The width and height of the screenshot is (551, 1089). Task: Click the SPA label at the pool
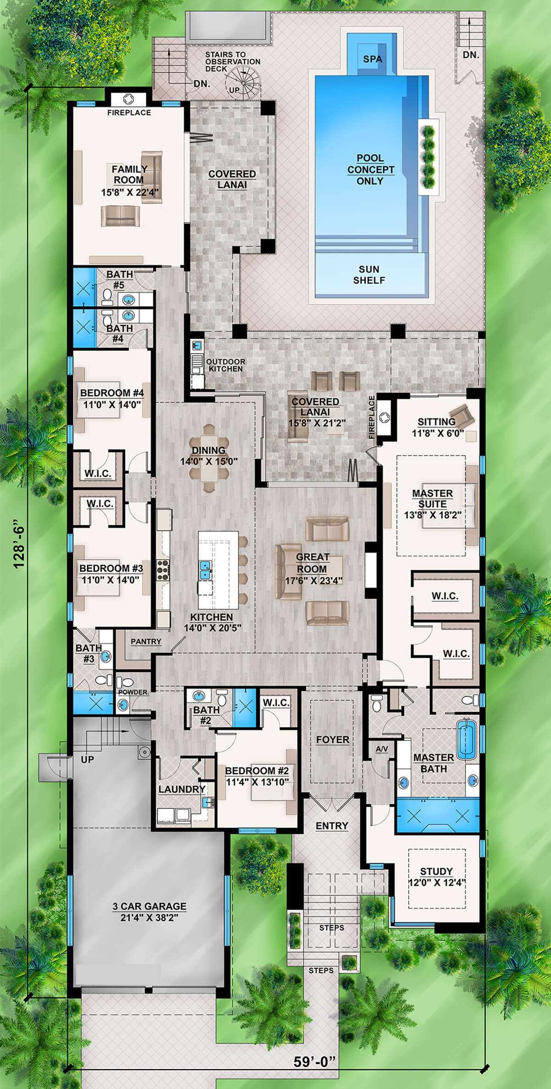click(x=372, y=59)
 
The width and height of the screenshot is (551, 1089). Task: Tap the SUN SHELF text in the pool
click(x=369, y=275)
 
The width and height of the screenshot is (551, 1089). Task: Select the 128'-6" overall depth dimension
click(x=19, y=544)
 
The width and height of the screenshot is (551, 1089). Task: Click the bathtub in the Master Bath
click(x=467, y=740)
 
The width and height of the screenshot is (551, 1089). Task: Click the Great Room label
click(x=312, y=563)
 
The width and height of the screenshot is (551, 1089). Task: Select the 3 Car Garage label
click(x=149, y=906)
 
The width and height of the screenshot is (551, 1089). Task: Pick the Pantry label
click(x=146, y=641)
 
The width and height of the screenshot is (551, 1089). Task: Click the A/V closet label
click(x=382, y=749)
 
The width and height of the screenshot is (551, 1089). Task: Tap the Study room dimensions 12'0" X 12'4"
click(x=437, y=882)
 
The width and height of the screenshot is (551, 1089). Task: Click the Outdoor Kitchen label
click(x=225, y=365)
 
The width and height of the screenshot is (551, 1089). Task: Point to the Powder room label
click(x=133, y=692)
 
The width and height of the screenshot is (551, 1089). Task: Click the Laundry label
click(x=181, y=789)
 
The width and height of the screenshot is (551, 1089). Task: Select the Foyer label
click(x=332, y=740)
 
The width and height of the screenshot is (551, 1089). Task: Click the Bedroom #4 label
click(x=112, y=393)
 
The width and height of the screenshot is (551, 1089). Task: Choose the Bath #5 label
click(x=119, y=279)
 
